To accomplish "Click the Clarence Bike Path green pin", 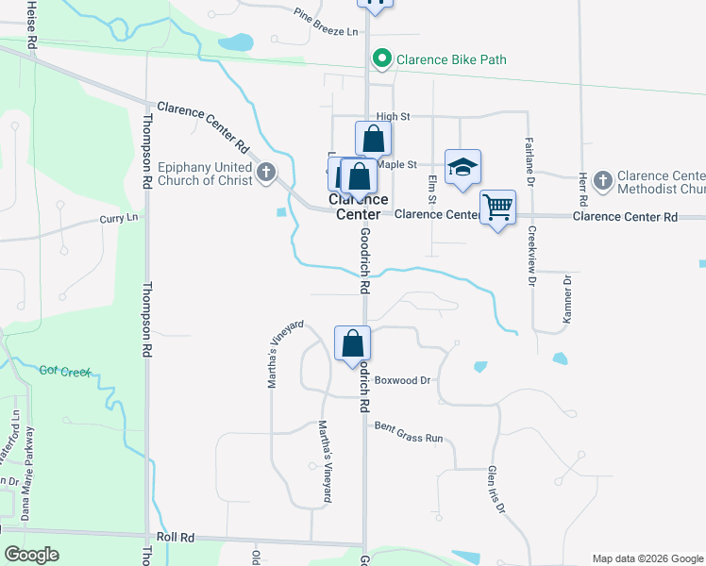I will coord(382,59).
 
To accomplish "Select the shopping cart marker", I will coord(497,206).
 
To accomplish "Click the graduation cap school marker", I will coord(462,167).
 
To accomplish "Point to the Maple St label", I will coord(396,164).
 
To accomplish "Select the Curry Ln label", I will coord(119,218).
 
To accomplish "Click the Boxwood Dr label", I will coord(402,381).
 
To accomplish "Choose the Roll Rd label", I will coord(175,537).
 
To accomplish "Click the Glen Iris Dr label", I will coord(496,491).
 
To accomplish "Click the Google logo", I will coord(32,555).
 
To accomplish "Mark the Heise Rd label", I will coord(32,24).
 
